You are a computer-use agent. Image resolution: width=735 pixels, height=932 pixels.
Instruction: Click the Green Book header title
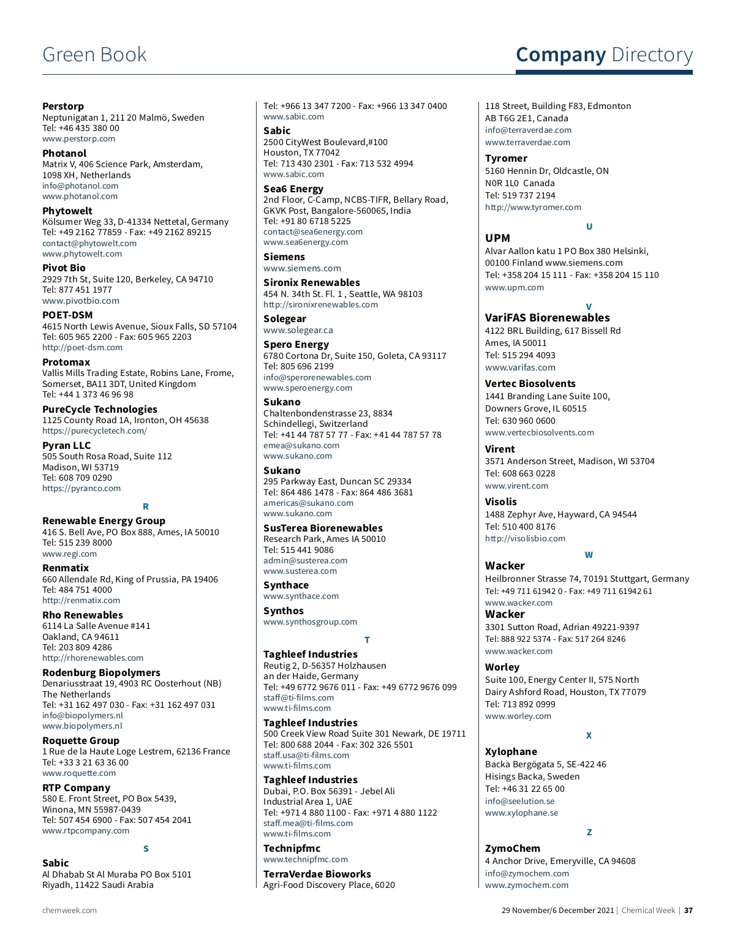pyautogui.click(x=94, y=54)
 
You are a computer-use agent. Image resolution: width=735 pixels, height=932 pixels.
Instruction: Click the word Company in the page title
pyautogui.click(x=560, y=54)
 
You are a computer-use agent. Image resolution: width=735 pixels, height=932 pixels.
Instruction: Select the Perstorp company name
pyautogui.click(x=63, y=106)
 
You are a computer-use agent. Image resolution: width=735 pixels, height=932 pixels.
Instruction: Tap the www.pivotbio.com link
pyautogui.click(x=81, y=301)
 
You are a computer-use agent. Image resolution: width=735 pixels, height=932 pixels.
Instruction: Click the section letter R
pyautogui.click(x=146, y=506)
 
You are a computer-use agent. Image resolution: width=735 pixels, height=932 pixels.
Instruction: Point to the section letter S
pyautogui.click(x=146, y=849)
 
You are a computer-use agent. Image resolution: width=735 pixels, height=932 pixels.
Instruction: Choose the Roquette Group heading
pyautogui.click(x=81, y=740)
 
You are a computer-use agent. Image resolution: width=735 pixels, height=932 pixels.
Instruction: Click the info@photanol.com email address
pyautogui.click(x=80, y=186)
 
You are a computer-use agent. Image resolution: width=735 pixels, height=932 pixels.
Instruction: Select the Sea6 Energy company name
pyautogui.click(x=293, y=189)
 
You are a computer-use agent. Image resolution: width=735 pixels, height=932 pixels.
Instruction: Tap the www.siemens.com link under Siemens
pyautogui.click(x=302, y=268)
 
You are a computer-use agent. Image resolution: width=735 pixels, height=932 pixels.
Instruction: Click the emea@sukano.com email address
pyautogui.click(x=301, y=445)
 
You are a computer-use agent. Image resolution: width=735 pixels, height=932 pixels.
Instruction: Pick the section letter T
pyautogui.click(x=367, y=640)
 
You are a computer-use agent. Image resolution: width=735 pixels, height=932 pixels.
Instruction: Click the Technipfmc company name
pyautogui.click(x=292, y=848)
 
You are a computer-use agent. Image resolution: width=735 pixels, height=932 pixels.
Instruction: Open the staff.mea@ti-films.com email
pyautogui.click(x=308, y=823)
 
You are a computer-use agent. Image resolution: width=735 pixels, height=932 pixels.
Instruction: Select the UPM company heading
pyautogui.click(x=497, y=238)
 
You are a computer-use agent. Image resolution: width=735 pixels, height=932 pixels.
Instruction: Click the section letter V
pyautogui.click(x=589, y=307)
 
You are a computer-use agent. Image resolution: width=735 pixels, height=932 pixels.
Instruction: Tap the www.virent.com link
pyautogui.click(x=516, y=486)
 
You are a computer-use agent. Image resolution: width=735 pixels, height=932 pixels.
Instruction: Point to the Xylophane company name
pyautogui.click(x=511, y=751)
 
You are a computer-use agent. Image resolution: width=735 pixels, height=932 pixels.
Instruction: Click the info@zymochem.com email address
pyautogui.click(x=527, y=873)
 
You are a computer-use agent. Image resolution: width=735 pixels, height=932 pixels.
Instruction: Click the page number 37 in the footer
pyautogui.click(x=688, y=911)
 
